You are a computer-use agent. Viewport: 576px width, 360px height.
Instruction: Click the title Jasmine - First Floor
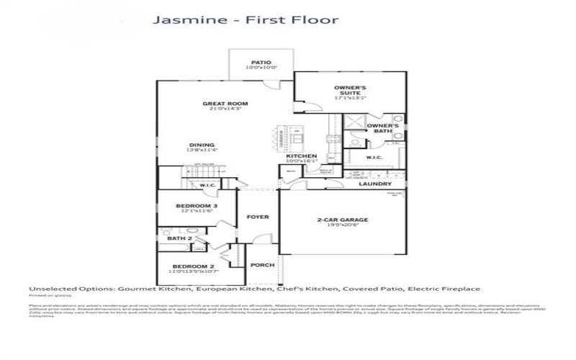[x=246, y=19]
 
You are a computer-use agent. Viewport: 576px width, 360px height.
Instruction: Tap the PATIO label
[x=261, y=62]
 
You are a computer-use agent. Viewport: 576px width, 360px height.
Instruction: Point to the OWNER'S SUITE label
[x=350, y=90]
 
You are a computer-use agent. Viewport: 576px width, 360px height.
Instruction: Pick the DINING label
[x=202, y=144]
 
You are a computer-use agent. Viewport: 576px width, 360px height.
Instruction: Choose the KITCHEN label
[x=302, y=156]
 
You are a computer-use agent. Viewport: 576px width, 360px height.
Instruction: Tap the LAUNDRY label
[x=375, y=184]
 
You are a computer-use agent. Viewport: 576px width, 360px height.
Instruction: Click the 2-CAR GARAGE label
[x=343, y=219]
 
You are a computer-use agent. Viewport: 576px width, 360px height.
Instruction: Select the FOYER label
[x=258, y=216]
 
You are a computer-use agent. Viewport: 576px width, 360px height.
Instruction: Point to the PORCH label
[x=262, y=265]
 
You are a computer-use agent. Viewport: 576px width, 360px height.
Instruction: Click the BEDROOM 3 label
[x=197, y=206]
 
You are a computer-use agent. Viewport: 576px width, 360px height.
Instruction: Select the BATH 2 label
[x=179, y=238]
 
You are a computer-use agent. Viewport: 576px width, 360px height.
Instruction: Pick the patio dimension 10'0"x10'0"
[x=261, y=68]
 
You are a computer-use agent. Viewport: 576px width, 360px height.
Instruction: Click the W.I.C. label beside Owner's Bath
[x=374, y=156]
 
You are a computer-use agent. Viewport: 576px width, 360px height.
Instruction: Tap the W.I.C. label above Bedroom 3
[x=208, y=185]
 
